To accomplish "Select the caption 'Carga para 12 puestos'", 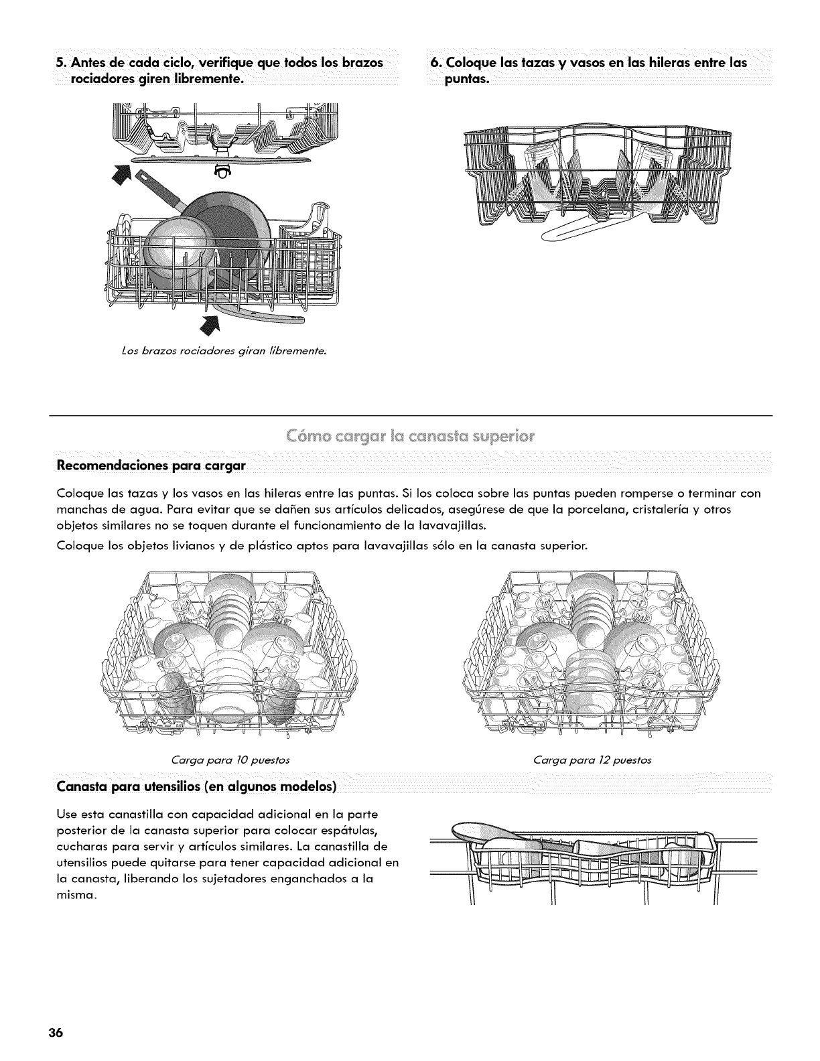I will click(592, 760).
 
